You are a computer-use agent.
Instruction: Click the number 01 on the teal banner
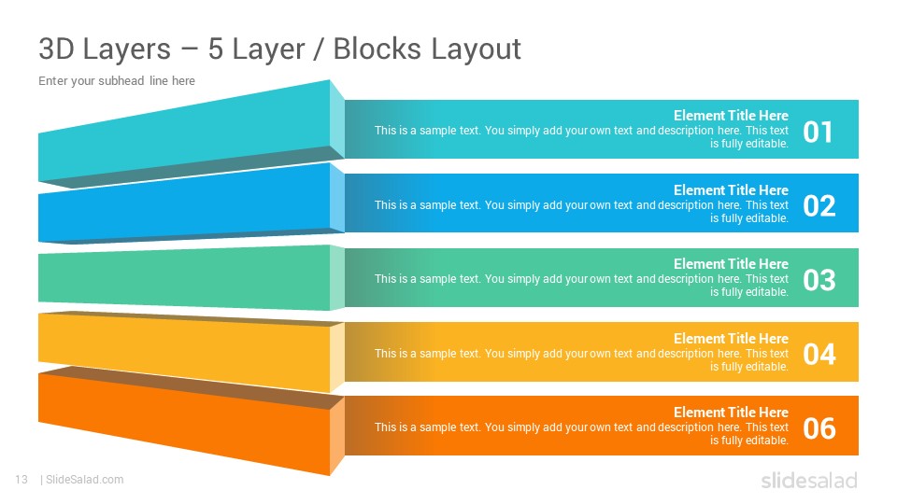point(818,132)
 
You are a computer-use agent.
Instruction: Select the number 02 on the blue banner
point(819,205)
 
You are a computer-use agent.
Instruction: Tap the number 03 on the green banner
point(819,280)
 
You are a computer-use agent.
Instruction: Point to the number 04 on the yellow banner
point(819,355)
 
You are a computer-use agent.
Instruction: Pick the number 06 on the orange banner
point(819,428)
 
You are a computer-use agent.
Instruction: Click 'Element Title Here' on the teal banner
point(731,116)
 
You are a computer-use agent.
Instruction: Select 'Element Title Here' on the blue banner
point(731,189)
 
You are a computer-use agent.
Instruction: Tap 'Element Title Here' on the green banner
point(731,263)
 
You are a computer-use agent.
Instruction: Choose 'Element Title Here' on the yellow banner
point(731,338)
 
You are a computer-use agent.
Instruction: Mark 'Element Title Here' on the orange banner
point(731,412)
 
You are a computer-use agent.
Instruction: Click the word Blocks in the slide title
point(377,49)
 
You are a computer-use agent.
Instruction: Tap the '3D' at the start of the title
point(56,49)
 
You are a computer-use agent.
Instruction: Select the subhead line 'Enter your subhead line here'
point(117,80)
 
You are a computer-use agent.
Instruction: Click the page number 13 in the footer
point(21,480)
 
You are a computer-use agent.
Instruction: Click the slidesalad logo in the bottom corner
point(809,480)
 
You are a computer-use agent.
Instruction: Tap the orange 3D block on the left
point(189,423)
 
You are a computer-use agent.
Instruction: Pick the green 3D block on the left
point(189,278)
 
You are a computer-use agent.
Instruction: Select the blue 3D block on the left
point(189,205)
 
